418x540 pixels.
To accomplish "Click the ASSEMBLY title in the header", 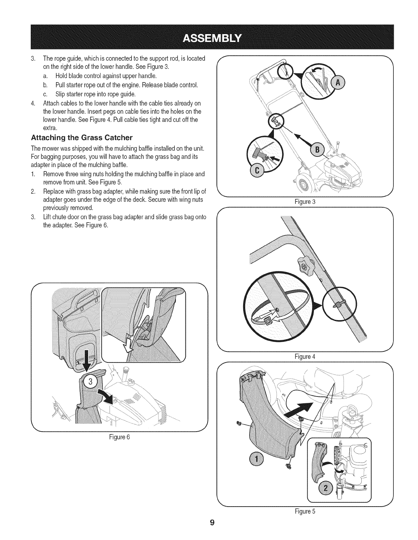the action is tap(213, 37).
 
